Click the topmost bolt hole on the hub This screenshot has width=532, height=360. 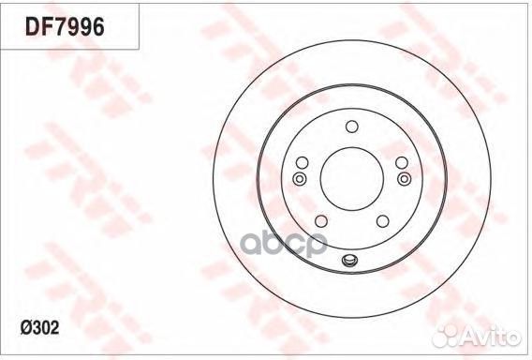351,127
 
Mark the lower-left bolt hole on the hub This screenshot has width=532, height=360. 321,220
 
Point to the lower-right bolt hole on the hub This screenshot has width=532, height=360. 381,220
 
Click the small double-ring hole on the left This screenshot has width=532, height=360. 300,178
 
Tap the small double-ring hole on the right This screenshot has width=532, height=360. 404,178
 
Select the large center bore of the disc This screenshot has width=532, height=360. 351,178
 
